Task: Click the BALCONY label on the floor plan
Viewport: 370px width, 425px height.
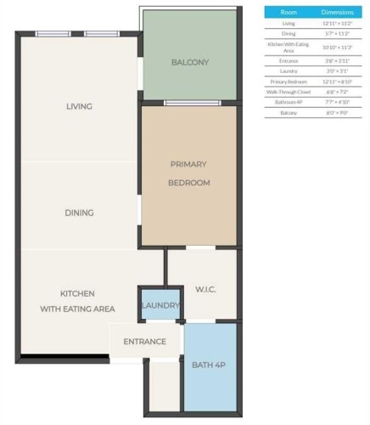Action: tap(189, 62)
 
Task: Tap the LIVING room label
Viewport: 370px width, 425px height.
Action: tap(78, 106)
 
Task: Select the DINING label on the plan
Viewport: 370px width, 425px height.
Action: tap(78, 212)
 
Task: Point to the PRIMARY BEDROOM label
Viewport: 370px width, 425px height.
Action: tap(188, 173)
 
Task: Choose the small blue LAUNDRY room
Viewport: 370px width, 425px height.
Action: tap(160, 305)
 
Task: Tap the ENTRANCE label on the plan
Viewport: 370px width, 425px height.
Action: tap(144, 342)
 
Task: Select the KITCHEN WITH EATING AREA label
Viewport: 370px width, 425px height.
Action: tap(76, 301)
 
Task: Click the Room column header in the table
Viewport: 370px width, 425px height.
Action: tap(289, 13)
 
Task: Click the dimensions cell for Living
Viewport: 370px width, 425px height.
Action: tap(337, 25)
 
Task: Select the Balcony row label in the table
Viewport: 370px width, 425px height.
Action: tap(289, 113)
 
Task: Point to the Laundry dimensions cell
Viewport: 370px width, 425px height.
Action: tap(337, 71)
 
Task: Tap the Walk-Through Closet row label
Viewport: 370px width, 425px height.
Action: tap(289, 91)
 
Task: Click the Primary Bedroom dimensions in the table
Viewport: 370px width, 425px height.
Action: tap(337, 81)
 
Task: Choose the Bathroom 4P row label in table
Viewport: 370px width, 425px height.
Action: tap(289, 102)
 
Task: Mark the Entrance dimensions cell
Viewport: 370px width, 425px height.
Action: tap(337, 60)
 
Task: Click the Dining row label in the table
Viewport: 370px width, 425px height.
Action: tap(289, 34)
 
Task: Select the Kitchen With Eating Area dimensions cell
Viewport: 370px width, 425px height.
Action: tap(337, 48)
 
